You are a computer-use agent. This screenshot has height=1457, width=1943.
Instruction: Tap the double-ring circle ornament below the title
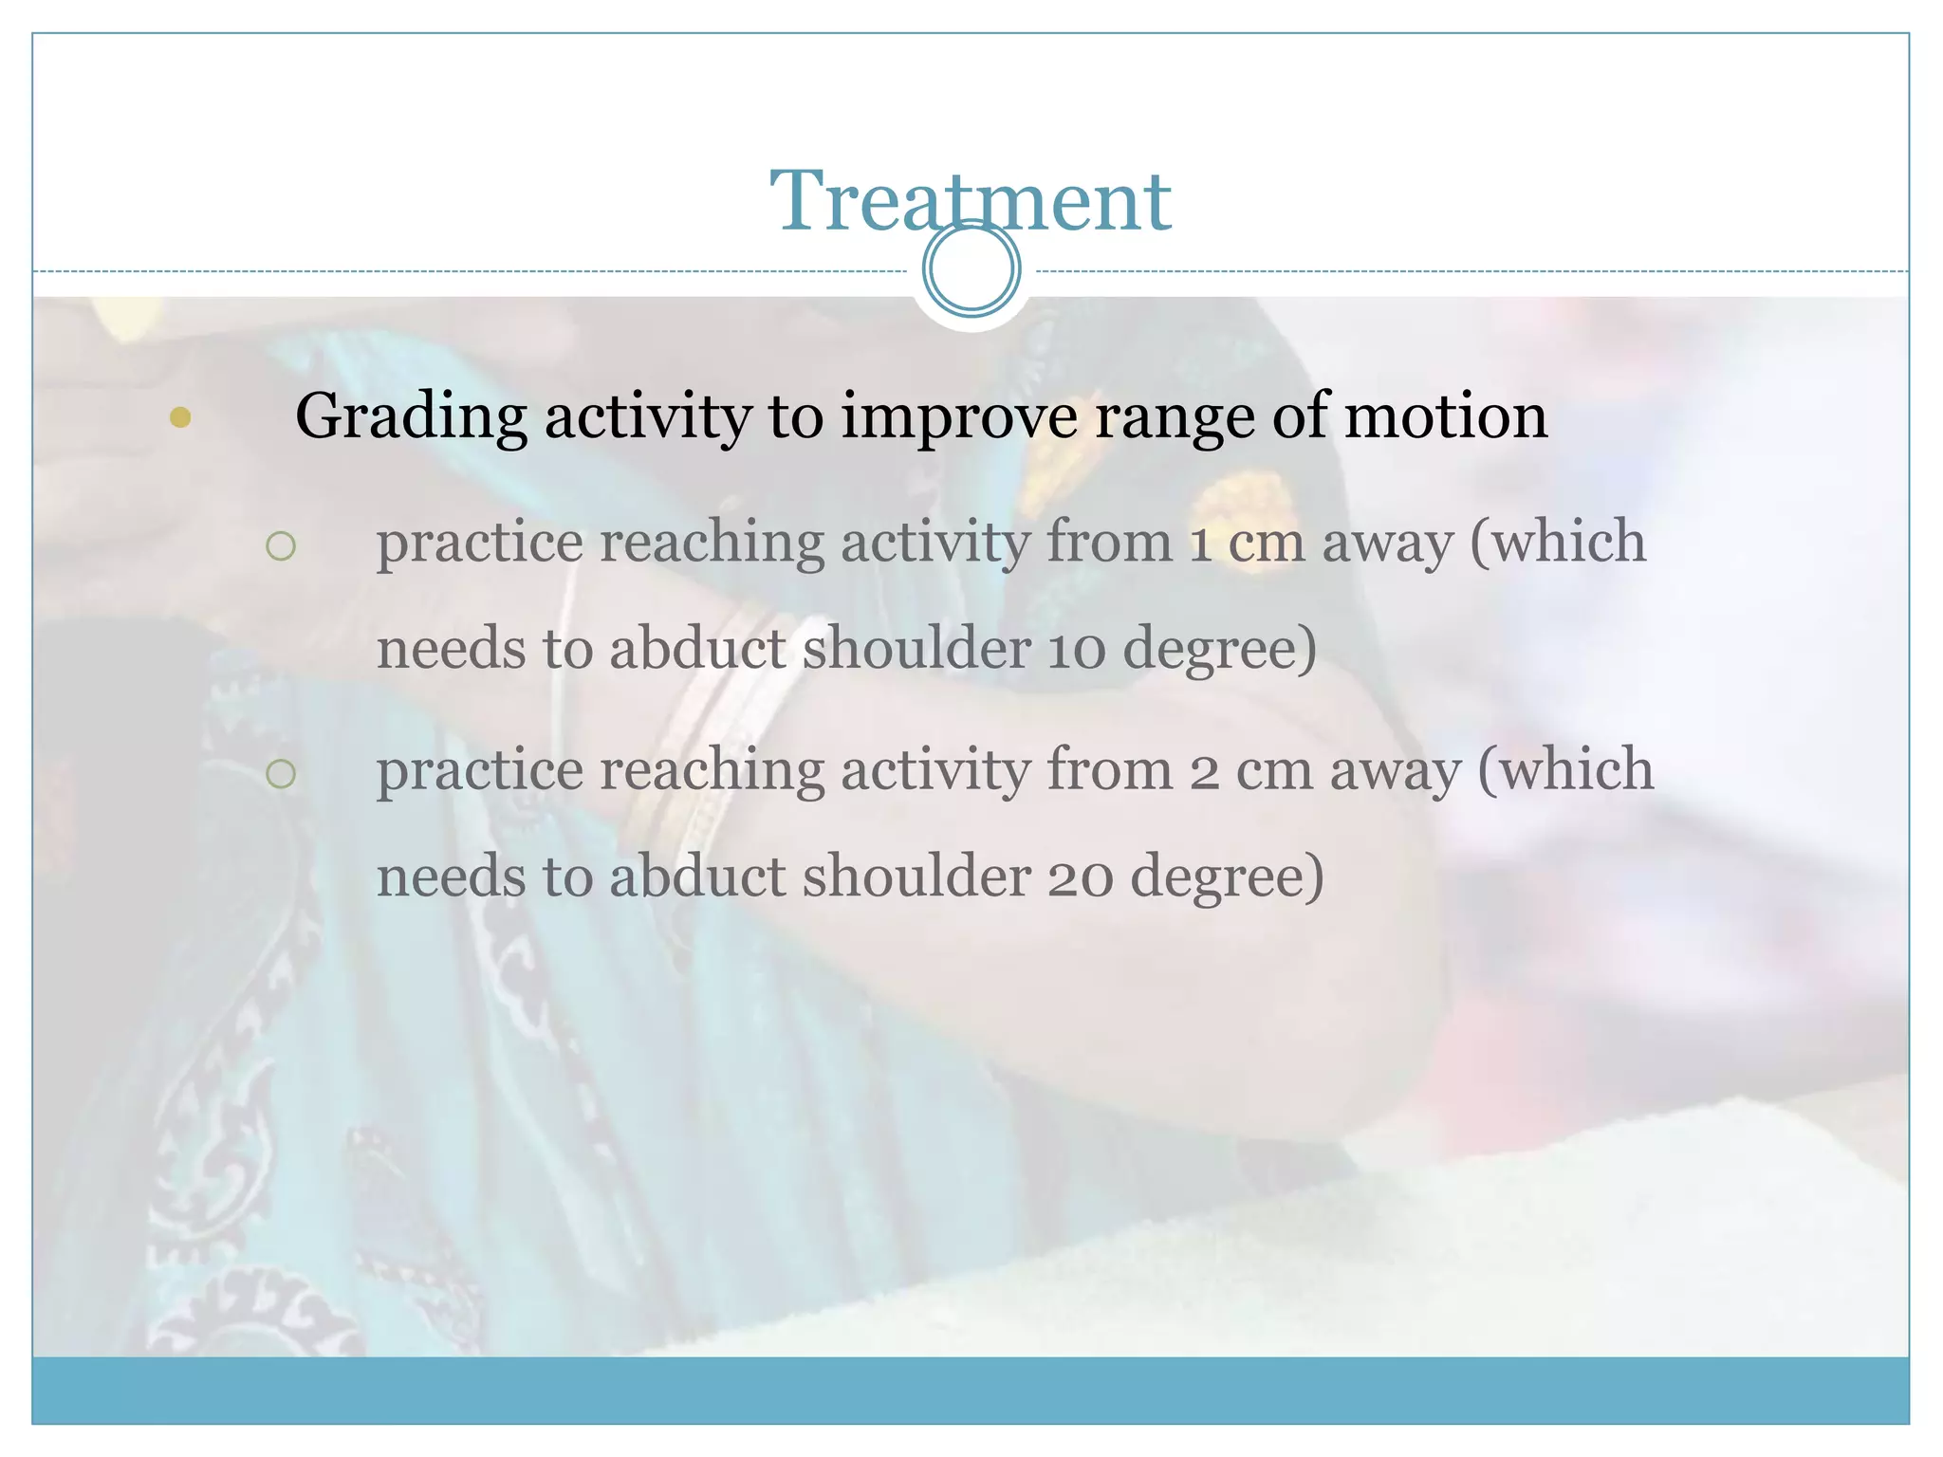pos(971,269)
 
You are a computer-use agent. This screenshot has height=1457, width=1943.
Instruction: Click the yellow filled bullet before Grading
pos(180,417)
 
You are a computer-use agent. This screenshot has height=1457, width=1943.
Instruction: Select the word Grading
pos(411,417)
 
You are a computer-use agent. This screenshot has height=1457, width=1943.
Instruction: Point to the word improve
pos(958,417)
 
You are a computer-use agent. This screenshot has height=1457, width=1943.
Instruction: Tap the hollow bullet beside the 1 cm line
pos(281,545)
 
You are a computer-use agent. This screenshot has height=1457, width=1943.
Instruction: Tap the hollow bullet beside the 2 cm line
pos(281,773)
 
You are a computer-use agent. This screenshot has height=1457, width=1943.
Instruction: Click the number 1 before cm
pos(1200,543)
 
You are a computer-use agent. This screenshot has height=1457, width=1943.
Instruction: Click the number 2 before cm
pos(1204,770)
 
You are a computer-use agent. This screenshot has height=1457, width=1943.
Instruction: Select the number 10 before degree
pos(1077,650)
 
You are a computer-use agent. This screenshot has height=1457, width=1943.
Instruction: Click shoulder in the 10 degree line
pos(916,649)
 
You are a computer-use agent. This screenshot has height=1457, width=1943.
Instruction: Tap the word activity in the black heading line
pos(647,417)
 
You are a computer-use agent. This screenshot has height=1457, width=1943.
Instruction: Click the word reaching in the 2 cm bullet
pos(712,770)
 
